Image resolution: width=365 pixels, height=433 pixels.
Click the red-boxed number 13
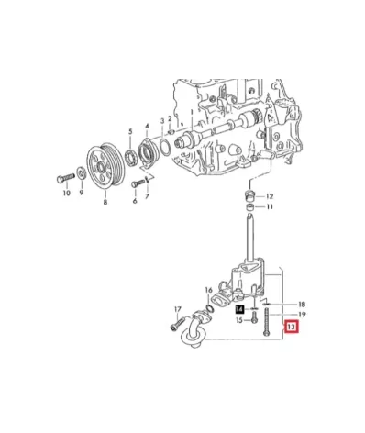click(292, 327)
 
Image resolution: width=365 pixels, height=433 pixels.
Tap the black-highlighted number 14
click(240, 310)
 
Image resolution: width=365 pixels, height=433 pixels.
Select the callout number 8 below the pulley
click(105, 202)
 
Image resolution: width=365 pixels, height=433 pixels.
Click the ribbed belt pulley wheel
click(105, 165)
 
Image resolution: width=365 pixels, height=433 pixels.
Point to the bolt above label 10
click(66, 178)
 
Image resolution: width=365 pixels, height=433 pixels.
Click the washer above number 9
click(82, 173)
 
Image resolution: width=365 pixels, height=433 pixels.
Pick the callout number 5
click(130, 132)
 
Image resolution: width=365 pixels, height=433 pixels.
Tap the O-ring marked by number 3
click(164, 147)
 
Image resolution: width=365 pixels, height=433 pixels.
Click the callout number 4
click(147, 127)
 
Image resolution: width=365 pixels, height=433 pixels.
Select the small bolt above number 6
click(138, 183)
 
